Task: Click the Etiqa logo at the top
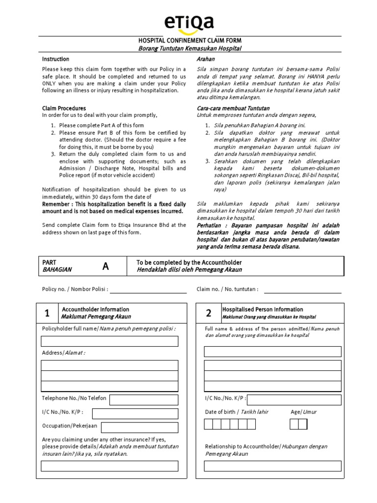[188, 23]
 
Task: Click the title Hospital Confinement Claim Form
[189, 40]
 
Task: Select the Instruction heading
[55, 59]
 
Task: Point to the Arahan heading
[205, 59]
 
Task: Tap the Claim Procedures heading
[64, 108]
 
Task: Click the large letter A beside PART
[105, 266]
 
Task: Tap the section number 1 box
[47, 313]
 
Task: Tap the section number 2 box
[209, 313]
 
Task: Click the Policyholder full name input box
[109, 341]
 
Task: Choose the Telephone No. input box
[143, 399]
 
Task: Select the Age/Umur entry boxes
[298, 424]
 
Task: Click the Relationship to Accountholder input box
[272, 466]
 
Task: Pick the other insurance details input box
[109, 466]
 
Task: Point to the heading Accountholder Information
[95, 309]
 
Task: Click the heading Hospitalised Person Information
[263, 309]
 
